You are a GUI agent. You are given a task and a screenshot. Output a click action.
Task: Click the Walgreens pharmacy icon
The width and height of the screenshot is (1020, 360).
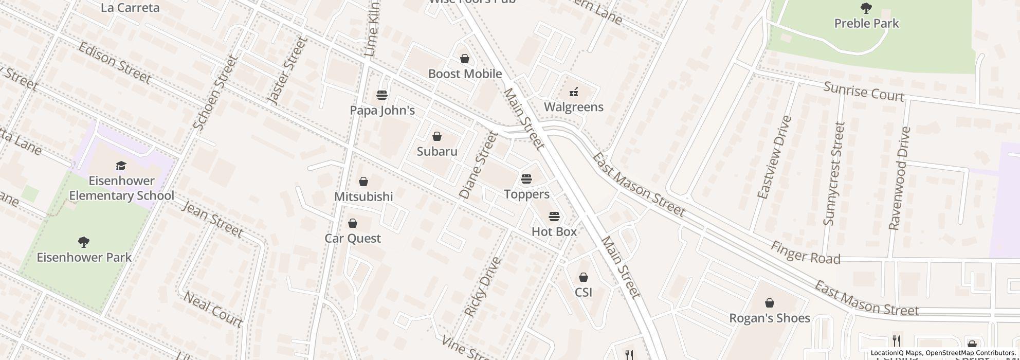coord(573,93)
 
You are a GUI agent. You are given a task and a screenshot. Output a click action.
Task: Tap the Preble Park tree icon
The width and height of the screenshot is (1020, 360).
coord(866,8)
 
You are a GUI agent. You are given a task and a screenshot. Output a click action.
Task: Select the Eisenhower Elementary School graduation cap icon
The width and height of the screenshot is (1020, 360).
coord(121,166)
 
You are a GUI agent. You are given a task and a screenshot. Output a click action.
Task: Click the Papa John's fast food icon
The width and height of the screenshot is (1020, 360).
coord(382,95)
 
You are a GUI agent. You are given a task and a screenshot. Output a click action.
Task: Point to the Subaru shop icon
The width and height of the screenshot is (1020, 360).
coord(437,136)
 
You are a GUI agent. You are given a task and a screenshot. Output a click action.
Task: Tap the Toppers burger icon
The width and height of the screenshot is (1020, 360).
coord(526,179)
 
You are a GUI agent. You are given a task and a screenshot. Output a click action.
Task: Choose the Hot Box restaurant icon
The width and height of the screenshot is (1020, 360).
coord(554,216)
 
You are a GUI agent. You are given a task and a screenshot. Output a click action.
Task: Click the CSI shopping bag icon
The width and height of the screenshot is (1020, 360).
coord(584,278)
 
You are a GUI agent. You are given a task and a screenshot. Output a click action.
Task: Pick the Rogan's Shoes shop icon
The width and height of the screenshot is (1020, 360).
coord(770,303)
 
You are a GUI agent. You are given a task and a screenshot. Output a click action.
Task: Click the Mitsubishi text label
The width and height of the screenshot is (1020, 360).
coord(363,196)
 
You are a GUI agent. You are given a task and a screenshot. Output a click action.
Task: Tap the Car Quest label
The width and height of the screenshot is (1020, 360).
coord(353,238)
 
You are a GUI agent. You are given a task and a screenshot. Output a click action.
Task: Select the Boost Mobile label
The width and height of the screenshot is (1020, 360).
coord(465,74)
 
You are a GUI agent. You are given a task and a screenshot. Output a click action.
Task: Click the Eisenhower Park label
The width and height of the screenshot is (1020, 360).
coord(84,257)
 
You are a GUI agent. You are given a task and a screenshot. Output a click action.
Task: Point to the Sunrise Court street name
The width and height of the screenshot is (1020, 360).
coord(863,92)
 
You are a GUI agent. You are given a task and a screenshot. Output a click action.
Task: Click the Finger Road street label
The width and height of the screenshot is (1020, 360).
coord(805,253)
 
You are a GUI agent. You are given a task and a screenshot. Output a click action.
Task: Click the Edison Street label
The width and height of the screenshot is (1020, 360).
coord(115,63)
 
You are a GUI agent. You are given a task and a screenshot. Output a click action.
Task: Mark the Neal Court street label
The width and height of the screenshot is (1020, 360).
coord(213,309)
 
